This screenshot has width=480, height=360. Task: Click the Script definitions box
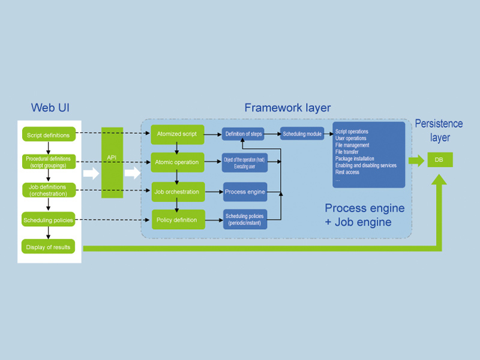pyautogui.click(x=48, y=135)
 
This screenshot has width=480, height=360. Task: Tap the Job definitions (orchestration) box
pyautogui.click(x=48, y=190)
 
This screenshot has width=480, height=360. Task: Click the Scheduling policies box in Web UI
pyautogui.click(x=48, y=220)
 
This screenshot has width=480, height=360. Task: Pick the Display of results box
pyautogui.click(x=48, y=247)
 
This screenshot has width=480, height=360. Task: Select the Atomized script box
pyautogui.click(x=178, y=134)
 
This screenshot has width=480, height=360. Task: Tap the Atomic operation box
pyautogui.click(x=178, y=162)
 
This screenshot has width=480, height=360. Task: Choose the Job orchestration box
pyautogui.click(x=178, y=192)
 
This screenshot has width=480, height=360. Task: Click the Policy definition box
pyautogui.click(x=178, y=220)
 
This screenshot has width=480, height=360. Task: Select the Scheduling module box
pyautogui.click(x=302, y=134)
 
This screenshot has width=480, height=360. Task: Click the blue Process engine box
pyautogui.click(x=244, y=192)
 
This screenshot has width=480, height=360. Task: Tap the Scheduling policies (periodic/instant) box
pyautogui.click(x=244, y=219)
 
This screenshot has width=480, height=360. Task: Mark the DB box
pyautogui.click(x=440, y=160)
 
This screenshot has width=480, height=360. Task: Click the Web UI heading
pyautogui.click(x=51, y=108)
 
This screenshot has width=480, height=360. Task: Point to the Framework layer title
pyautogui.click(x=287, y=108)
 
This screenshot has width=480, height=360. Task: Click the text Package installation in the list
pyautogui.click(x=355, y=158)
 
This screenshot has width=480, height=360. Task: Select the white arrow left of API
pyautogui.click(x=91, y=173)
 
